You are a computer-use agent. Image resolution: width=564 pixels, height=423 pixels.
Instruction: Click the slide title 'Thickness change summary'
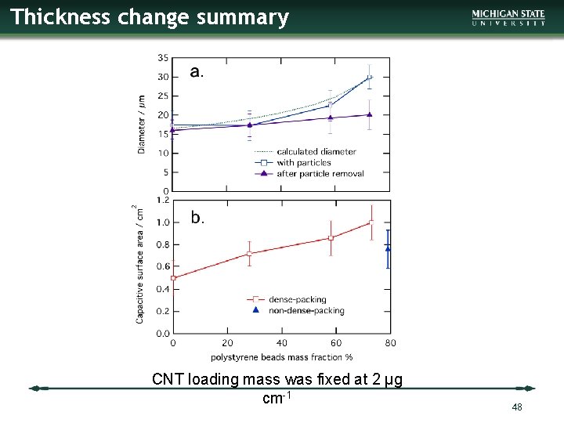pyautogui.click(x=150, y=17)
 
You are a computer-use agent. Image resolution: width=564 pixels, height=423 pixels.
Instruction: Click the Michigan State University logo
pyautogui.click(x=508, y=18)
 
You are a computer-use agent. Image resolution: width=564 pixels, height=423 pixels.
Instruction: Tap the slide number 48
pyautogui.click(x=516, y=407)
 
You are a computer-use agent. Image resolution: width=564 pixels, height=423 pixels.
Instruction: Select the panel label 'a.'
pyautogui.click(x=197, y=72)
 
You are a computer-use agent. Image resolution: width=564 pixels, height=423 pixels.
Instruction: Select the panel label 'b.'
pyautogui.click(x=197, y=218)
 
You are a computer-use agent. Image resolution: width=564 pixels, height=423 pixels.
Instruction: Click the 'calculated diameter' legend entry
pyautogui.click(x=316, y=151)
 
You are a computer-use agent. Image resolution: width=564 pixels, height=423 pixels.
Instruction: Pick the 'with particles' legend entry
pyautogui.click(x=303, y=162)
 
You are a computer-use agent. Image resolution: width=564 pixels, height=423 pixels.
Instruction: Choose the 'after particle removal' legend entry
pyautogui.click(x=320, y=173)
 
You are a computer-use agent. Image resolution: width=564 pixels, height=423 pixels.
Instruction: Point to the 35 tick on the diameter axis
pyautogui.click(x=162, y=58)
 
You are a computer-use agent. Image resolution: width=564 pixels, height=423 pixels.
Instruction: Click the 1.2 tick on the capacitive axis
pyautogui.click(x=163, y=200)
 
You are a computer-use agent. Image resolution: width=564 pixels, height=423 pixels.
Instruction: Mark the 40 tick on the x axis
pyautogui.click(x=281, y=343)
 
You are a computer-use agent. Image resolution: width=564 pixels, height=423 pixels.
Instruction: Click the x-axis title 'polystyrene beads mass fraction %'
pyautogui.click(x=281, y=357)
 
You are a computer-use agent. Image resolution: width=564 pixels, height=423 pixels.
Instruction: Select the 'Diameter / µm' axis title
pyautogui.click(x=142, y=124)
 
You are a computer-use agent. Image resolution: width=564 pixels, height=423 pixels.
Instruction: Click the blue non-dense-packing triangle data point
pyautogui.click(x=388, y=248)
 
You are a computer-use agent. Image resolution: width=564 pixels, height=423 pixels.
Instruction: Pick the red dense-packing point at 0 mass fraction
pyautogui.click(x=173, y=277)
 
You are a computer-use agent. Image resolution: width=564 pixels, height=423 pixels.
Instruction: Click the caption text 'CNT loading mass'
pyautogui.click(x=277, y=380)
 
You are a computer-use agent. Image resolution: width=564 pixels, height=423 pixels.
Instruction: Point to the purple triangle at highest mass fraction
pyautogui.click(x=370, y=114)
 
